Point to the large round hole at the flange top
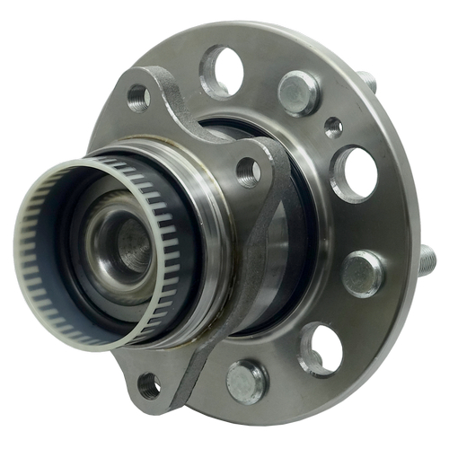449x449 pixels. (219, 69)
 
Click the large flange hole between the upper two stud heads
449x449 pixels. (355, 172)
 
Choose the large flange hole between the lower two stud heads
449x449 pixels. (321, 349)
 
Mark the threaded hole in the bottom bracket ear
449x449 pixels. (149, 388)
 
